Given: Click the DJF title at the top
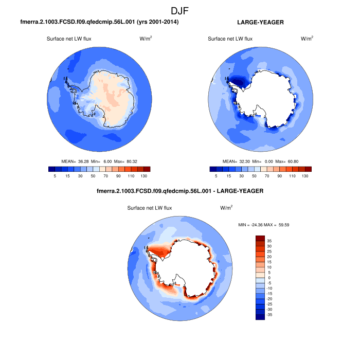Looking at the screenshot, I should tap(180, 11).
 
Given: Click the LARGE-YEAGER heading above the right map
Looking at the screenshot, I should tap(260, 23).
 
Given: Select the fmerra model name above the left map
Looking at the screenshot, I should tap(100, 23).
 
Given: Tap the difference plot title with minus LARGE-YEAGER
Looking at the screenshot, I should tap(180, 191).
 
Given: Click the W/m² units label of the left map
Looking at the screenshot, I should tap(146, 39).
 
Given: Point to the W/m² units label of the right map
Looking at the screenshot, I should tap(307, 39).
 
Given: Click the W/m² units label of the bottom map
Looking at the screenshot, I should tap(226, 208).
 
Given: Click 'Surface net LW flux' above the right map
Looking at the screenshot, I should tap(230, 39).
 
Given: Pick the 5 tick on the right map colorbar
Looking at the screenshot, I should tap(216, 176).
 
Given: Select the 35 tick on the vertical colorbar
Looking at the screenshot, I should tap(269, 241).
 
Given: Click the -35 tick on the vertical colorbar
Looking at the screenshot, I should tap(270, 314).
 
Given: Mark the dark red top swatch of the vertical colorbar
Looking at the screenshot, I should tap(260, 238).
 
